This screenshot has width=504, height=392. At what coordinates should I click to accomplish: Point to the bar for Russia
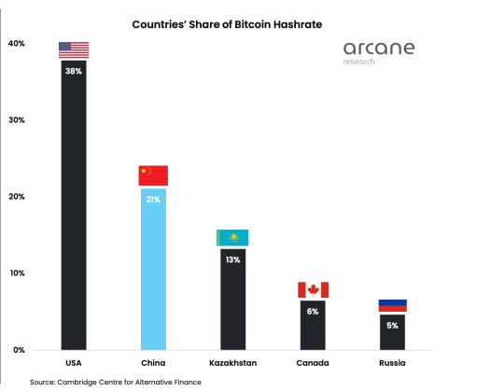(392, 334)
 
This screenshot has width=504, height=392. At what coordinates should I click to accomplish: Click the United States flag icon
(74, 50)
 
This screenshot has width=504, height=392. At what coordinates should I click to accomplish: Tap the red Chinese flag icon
(153, 175)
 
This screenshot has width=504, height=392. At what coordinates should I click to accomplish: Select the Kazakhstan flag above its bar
(232, 237)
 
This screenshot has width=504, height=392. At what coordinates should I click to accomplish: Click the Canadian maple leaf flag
(313, 289)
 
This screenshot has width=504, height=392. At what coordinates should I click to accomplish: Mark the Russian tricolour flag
(392, 305)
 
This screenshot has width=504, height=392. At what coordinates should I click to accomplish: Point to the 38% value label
(74, 71)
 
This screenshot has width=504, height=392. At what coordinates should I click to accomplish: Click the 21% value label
(153, 200)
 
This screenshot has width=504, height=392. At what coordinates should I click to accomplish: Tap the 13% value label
(232, 260)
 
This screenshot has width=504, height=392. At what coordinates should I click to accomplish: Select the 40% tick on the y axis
(16, 44)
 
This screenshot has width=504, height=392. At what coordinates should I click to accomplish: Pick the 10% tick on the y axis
(16, 273)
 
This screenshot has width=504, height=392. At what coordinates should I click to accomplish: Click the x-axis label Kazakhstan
(232, 363)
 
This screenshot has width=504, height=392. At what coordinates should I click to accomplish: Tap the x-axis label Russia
(392, 363)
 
